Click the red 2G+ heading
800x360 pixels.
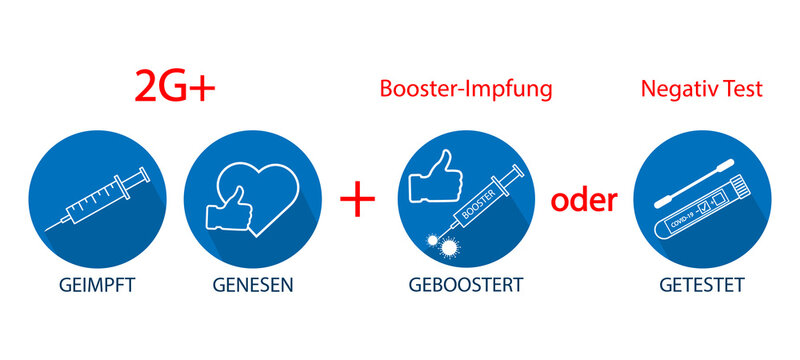click(175, 88)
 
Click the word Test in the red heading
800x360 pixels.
click(740, 89)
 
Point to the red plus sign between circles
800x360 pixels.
click(358, 199)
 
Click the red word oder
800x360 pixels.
click(584, 199)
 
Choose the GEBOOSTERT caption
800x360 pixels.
click(465, 285)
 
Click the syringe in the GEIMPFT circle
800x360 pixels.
click(100, 201)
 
